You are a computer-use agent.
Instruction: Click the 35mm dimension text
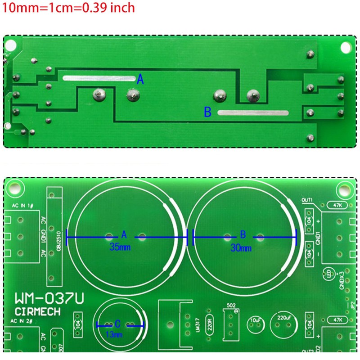[x=118, y=247]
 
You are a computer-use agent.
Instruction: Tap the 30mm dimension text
[x=241, y=247]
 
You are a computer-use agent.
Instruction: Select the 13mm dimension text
[x=114, y=334]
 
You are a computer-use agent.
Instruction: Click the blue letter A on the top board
[x=140, y=80]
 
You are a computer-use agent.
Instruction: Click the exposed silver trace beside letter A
[x=99, y=78]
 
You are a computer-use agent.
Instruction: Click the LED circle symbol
[x=329, y=274]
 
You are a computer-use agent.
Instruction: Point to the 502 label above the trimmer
[x=231, y=306]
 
